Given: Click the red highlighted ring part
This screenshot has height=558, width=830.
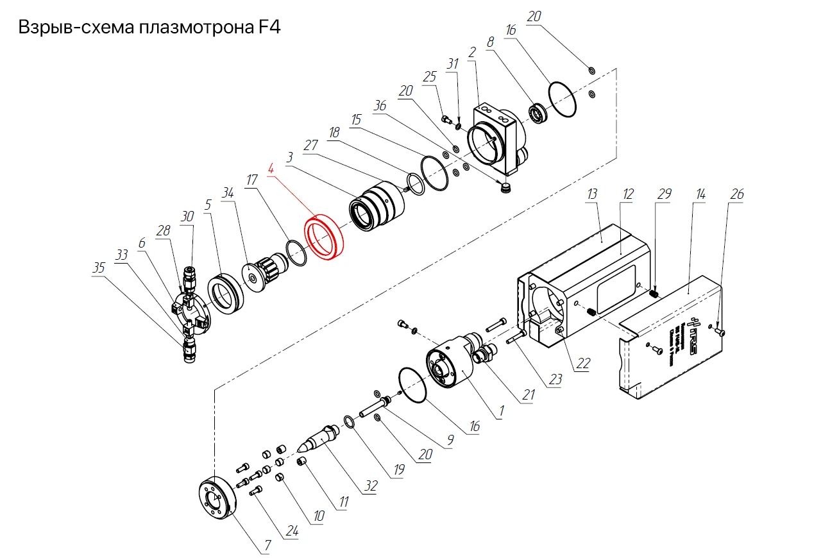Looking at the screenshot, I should (324, 238).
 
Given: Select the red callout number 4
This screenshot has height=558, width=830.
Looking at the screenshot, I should (271, 170).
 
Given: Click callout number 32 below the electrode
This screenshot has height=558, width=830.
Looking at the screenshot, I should (371, 487).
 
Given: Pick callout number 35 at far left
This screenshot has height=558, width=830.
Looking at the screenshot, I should (98, 269).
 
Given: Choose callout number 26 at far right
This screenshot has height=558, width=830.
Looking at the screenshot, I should (737, 194).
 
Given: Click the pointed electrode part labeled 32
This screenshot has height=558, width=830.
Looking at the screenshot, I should (318, 437).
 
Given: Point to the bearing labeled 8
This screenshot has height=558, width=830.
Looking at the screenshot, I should (538, 114).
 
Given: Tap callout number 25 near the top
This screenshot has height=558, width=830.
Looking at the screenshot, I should (430, 76).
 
